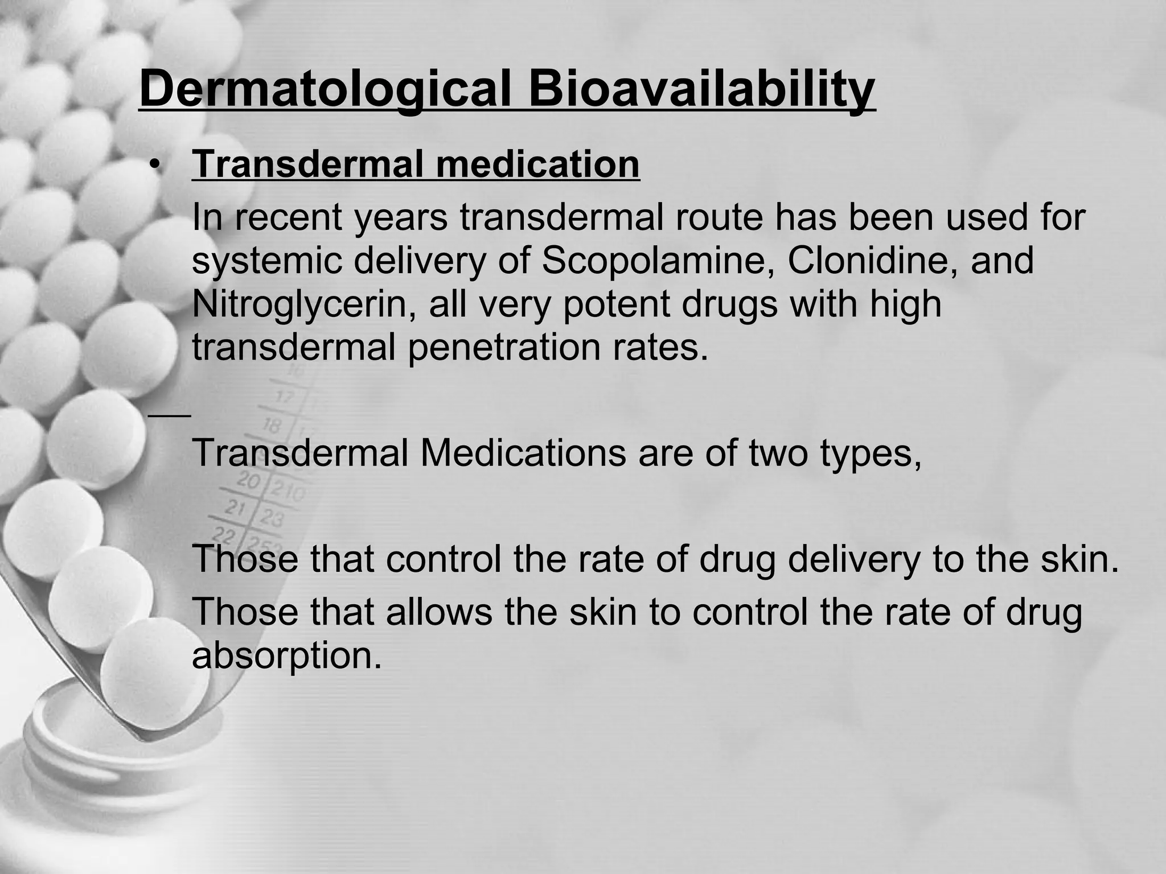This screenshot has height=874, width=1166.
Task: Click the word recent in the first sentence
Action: tap(288, 218)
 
